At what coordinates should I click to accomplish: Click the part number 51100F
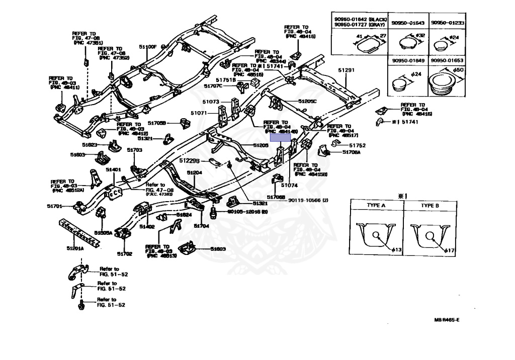coord(148,47)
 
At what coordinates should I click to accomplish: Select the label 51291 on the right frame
coord(346,70)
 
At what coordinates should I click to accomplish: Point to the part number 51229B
coord(190,161)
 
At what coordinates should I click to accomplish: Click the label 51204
coord(195,172)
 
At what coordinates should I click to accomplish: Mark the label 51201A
coord(75,248)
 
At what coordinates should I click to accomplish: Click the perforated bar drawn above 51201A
coord(78,232)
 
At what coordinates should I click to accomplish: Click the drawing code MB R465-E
coord(447,320)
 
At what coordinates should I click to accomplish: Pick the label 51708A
coord(352,152)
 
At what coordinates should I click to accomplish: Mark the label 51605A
coord(103,233)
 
